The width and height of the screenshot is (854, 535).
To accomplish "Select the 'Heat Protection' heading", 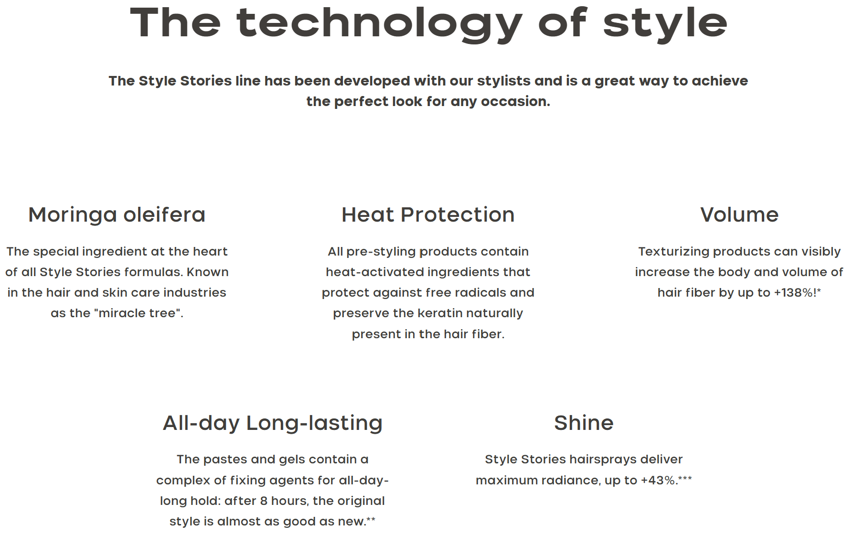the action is pos(428,215).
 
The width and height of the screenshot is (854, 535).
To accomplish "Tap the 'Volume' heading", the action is pos(739,215).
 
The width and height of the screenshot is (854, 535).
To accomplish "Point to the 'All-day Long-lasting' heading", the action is pos(273,424).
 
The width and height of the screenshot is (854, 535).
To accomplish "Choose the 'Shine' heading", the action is pos(584,423).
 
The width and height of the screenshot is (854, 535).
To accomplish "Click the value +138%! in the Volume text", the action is pos(795,292).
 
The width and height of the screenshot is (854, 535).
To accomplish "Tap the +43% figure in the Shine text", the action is pos(658,480).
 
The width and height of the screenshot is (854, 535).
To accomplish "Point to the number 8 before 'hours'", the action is pos(264,501).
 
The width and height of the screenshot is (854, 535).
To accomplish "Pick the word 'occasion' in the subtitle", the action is pos(515,102).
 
